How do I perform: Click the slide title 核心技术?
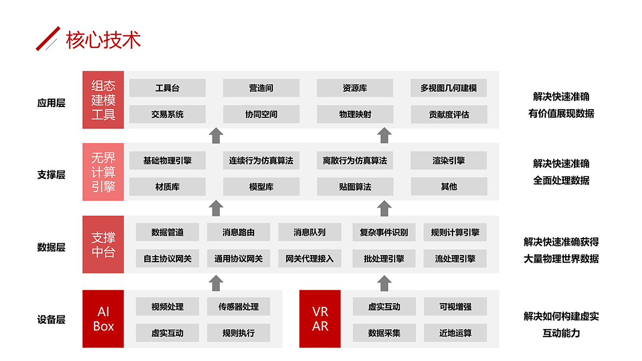coord(103,40)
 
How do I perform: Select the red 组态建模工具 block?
coord(103,100)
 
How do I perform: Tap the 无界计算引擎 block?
coord(103,172)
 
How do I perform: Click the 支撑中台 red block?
coord(103,244)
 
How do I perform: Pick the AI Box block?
coord(103,319)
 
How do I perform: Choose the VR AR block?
coord(320,319)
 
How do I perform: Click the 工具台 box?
coord(167,88)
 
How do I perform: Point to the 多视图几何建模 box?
coord(449,88)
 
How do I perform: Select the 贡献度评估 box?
coord(449,114)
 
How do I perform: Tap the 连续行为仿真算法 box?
coord(261,160)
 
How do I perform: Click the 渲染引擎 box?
coord(449,160)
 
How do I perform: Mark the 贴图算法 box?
coord(355,187)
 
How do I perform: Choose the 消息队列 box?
coord(309,232)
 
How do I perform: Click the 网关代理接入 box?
coord(309,259)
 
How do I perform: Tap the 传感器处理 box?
coord(239,306)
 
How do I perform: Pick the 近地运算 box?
coord(455,333)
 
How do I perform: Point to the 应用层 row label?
coord(51,103)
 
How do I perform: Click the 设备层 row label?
coord(51,320)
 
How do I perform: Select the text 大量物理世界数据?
coord(561,259)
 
